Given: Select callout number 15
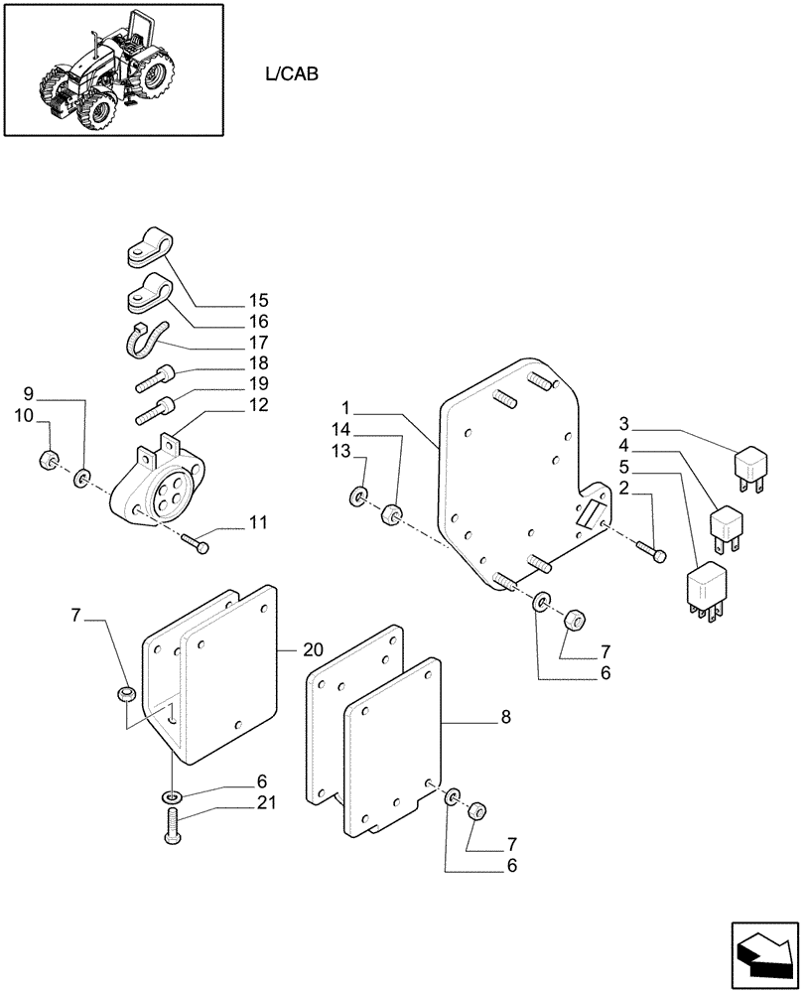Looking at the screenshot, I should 259,300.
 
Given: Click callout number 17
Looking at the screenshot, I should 259,342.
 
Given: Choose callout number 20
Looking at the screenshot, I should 314,649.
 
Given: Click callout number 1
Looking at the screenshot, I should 345,407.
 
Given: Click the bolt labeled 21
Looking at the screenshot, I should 172,828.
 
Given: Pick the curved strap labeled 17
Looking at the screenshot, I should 145,342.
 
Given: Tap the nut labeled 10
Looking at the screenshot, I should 46,462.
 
